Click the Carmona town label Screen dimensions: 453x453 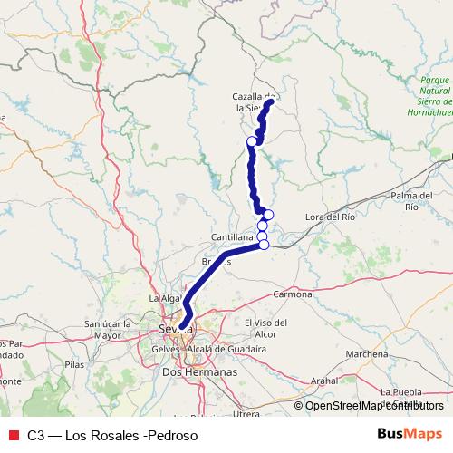click(292, 294)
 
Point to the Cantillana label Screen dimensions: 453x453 click(230, 236)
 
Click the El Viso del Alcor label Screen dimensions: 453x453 click(265, 328)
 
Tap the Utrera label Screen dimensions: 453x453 click(246, 413)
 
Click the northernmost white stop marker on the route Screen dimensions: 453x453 click(269, 102)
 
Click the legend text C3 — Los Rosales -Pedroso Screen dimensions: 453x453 click(112, 435)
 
